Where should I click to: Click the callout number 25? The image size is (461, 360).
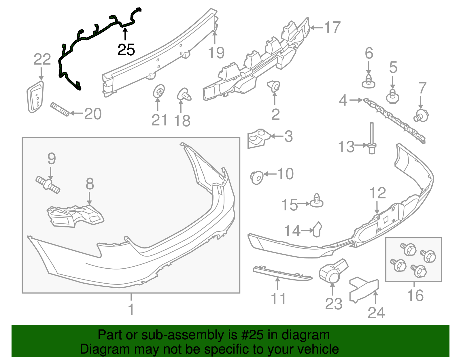click(126, 50)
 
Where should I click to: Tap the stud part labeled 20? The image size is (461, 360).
click(60, 109)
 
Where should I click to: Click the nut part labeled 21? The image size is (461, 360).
click(158, 91)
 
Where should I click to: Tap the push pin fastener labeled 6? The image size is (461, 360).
click(369, 81)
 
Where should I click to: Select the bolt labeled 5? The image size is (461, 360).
click(392, 97)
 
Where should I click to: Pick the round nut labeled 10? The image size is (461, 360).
click(257, 177)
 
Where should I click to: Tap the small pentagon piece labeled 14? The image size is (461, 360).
click(317, 229)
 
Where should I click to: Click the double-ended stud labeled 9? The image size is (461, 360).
click(48, 185)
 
